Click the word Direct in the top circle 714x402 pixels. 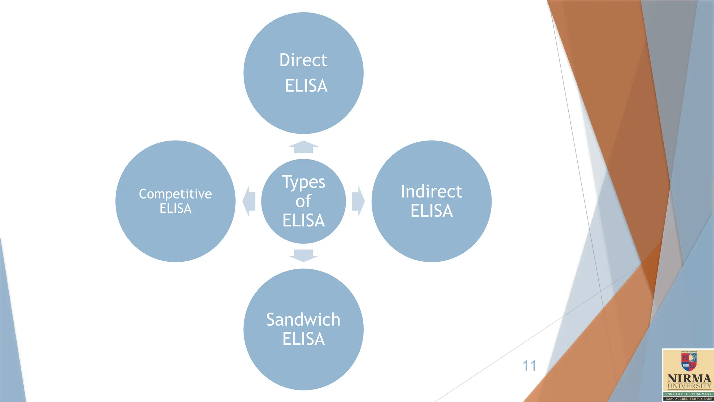[x=303, y=60]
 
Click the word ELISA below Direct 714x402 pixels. [x=306, y=86]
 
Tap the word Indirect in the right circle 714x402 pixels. [x=431, y=192]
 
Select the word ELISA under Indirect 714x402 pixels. [x=431, y=211]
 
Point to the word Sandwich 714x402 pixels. [x=303, y=320]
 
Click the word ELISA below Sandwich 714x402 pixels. [x=303, y=339]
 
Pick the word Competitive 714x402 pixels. [x=175, y=194]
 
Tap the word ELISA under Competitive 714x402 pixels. [x=175, y=208]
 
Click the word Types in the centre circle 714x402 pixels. [x=303, y=182]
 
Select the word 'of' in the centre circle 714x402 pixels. [x=303, y=201]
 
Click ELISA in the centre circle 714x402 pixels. [x=303, y=221]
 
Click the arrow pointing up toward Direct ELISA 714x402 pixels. [x=303, y=147]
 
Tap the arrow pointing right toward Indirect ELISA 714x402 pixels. [x=358, y=201]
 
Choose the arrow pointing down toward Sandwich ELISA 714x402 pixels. [x=303, y=255]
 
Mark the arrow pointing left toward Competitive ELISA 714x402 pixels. [x=249, y=201]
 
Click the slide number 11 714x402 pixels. [x=529, y=366]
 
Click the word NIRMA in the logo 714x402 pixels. [x=689, y=379]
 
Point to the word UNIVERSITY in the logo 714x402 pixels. [x=689, y=386]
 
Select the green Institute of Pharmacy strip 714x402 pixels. [x=689, y=394]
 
